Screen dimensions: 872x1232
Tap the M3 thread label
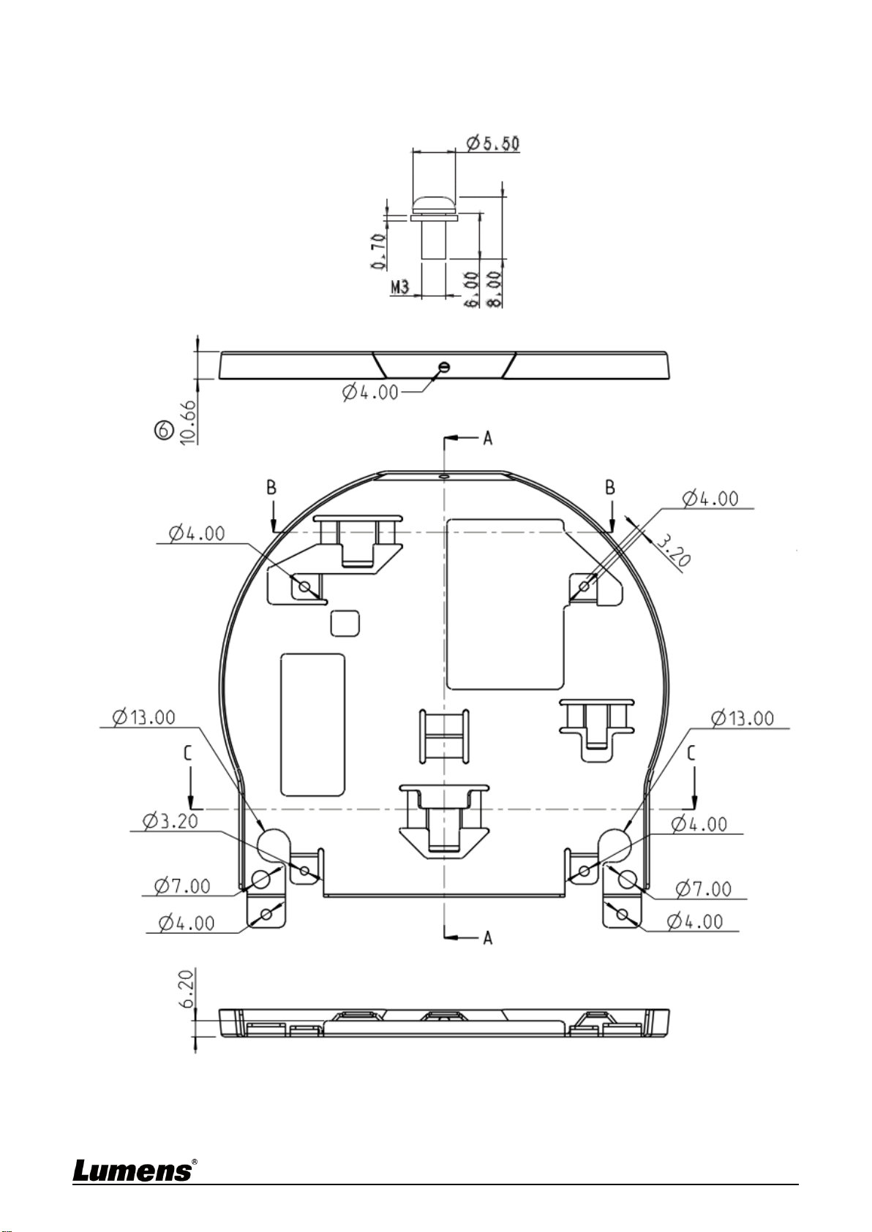pos(400,287)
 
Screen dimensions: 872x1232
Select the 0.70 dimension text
pos(378,251)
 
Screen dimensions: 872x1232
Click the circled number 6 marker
pos(163,429)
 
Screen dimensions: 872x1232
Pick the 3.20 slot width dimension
pos(672,551)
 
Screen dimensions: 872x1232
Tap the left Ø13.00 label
pos(144,717)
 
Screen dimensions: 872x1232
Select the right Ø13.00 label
pos(743,718)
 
